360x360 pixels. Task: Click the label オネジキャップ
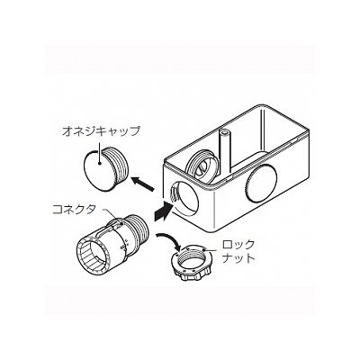pos(102,132)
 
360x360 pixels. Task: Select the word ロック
pos(238,245)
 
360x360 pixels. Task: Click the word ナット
pos(238,258)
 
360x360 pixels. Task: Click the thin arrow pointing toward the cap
pos(143,184)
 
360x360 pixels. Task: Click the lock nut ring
pos(192,263)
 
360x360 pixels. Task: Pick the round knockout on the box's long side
pos(260,183)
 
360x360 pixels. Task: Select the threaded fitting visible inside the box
pos(202,165)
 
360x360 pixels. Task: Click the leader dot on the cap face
pos(99,164)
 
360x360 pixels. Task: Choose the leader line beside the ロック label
pos(212,248)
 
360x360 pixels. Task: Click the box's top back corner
pos(264,106)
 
